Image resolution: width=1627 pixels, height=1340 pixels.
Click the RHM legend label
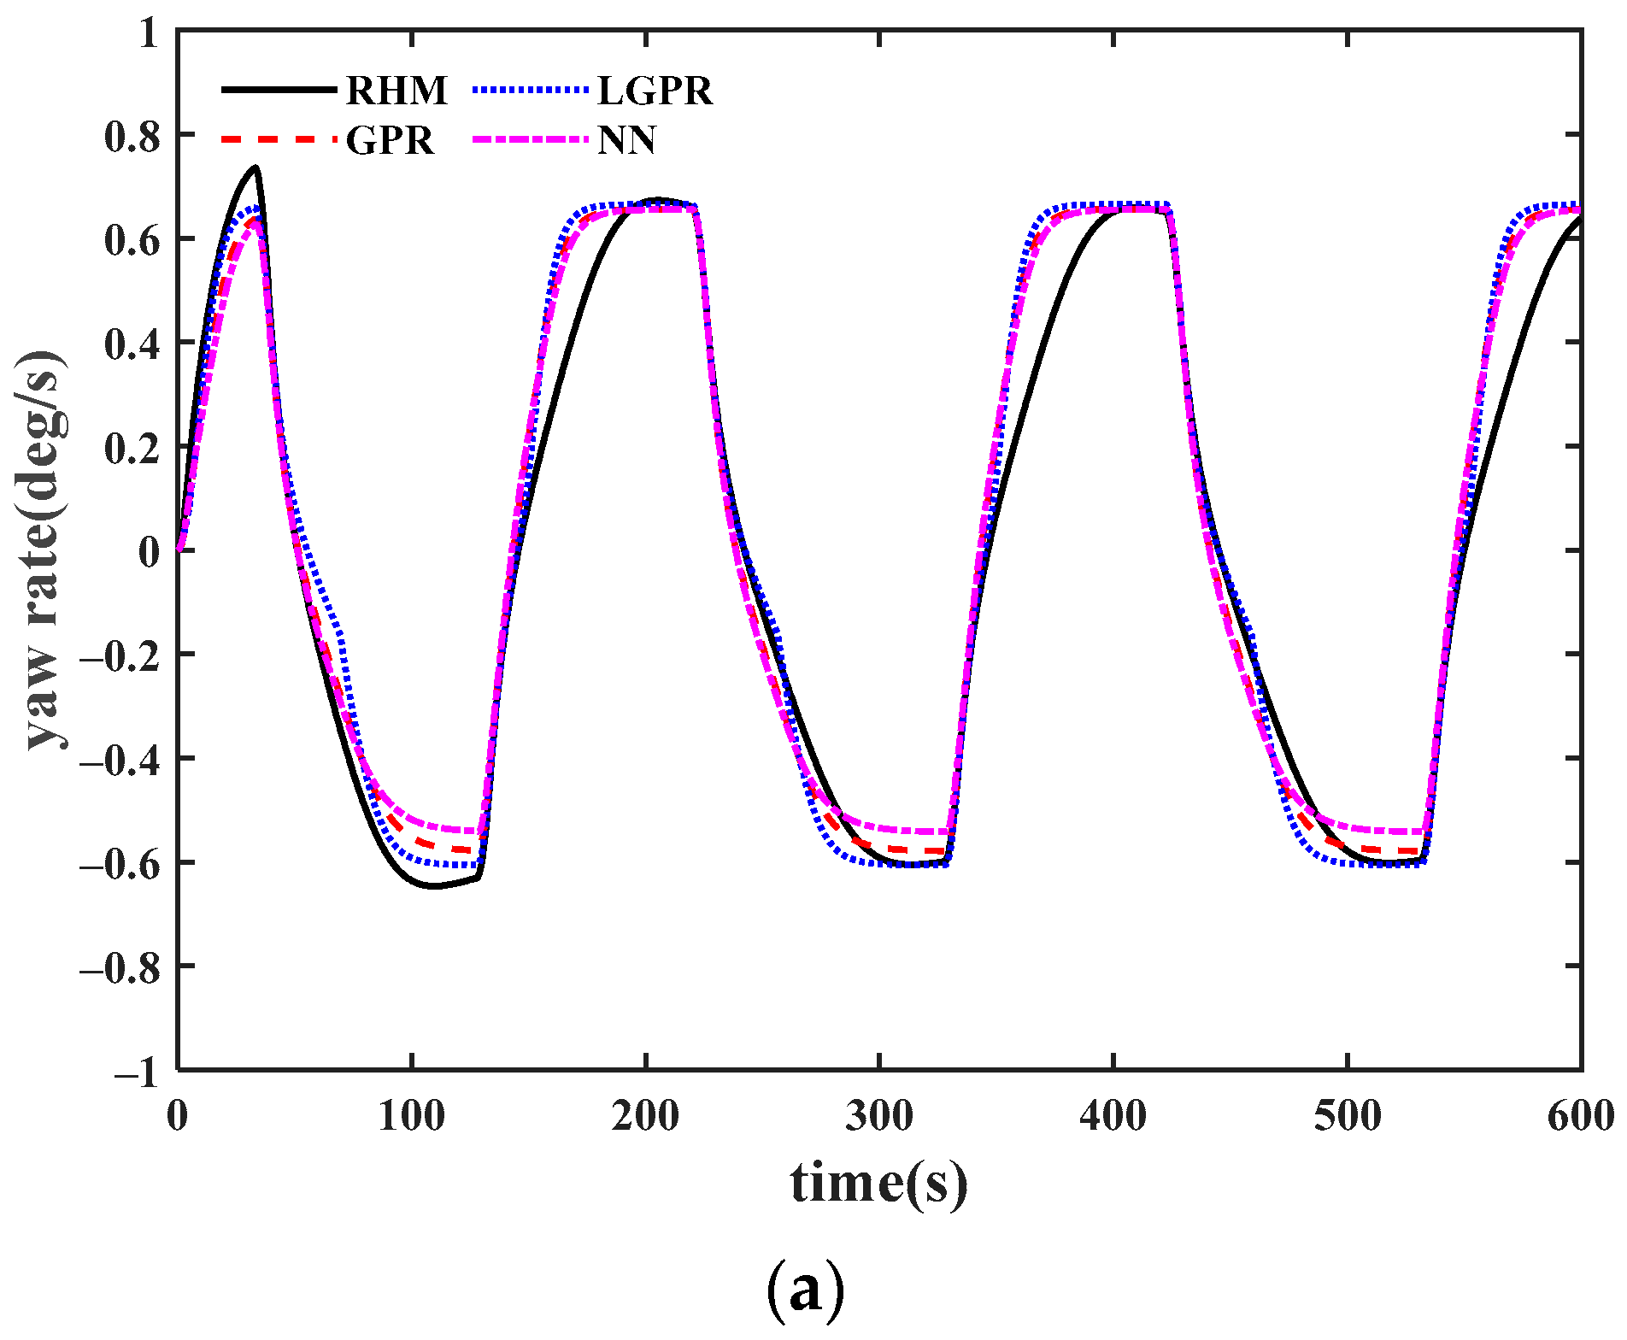click(396, 91)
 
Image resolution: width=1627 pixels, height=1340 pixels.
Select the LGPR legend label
click(655, 91)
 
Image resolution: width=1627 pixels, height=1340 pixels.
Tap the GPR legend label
click(391, 140)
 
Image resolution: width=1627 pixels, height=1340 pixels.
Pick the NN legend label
click(626, 140)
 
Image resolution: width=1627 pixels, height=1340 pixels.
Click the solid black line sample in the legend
click(278, 90)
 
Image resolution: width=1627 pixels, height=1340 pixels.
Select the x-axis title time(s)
click(879, 1184)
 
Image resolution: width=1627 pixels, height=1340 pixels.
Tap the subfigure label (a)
click(805, 1290)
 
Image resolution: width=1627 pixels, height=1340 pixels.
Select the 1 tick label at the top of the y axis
click(149, 34)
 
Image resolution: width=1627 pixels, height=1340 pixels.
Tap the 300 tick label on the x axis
click(879, 1117)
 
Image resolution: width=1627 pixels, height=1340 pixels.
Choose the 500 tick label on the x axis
click(1348, 1117)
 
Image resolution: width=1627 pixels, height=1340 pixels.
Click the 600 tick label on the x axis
click(1581, 1117)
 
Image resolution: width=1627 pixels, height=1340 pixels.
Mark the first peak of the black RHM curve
click(255, 167)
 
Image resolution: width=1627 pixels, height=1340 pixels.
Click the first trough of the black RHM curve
click(434, 886)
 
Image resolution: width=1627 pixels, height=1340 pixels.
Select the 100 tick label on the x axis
click(412, 1117)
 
